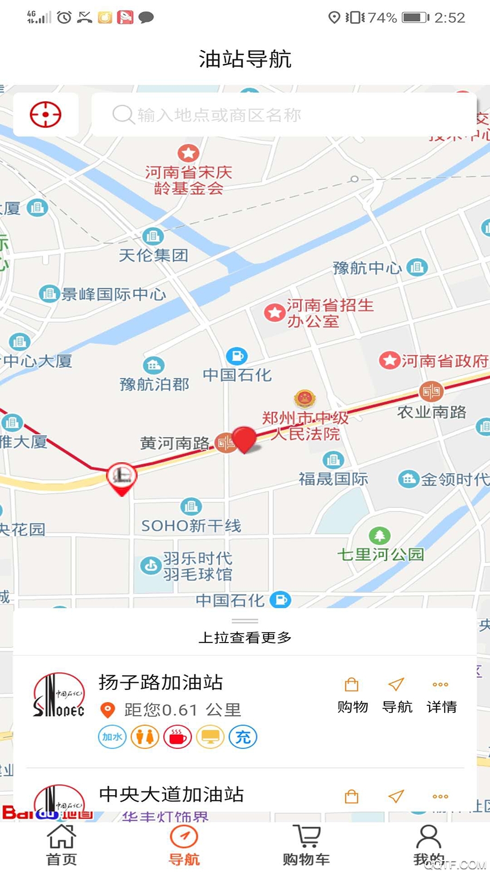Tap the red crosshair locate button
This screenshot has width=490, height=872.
click(46, 114)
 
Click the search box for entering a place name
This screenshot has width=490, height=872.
click(283, 115)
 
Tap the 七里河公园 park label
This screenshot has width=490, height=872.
click(381, 554)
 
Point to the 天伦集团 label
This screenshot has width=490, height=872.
click(154, 255)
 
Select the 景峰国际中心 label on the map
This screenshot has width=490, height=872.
click(113, 294)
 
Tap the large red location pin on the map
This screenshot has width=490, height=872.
click(244, 439)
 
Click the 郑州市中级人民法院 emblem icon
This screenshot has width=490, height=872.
click(305, 399)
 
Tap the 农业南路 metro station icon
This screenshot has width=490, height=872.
click(431, 391)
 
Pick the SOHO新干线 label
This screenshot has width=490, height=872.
click(191, 525)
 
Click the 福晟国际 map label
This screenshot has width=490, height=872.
click(333, 479)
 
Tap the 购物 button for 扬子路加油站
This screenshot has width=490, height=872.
click(352, 695)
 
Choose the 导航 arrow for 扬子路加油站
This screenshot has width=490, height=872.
click(397, 695)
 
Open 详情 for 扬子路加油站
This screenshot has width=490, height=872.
click(441, 695)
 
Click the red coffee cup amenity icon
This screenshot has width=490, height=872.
click(177, 737)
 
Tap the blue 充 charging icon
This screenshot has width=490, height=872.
click(243, 737)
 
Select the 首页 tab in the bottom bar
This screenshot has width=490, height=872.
click(62, 844)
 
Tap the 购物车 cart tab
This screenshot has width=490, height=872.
click(306, 844)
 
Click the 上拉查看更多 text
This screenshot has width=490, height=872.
click(245, 637)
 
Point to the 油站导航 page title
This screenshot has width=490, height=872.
click(245, 59)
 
